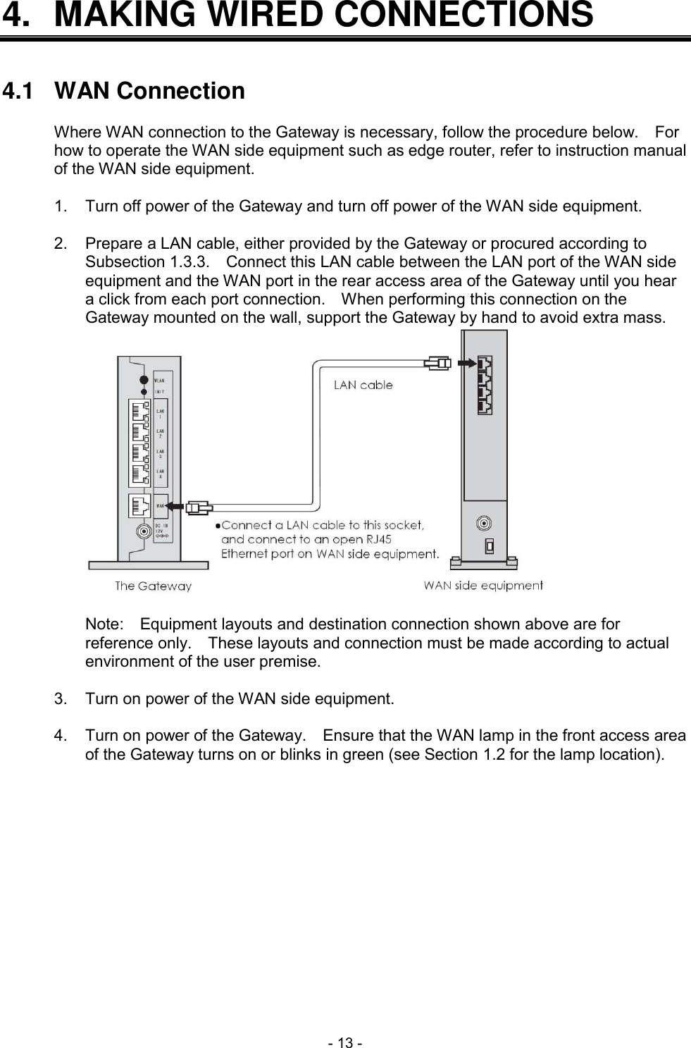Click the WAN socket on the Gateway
[139, 506]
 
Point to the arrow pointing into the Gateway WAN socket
[177, 507]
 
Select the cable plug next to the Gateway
[200, 507]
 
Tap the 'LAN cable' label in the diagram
[363, 385]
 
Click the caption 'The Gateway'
[153, 586]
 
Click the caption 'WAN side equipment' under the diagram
[483, 585]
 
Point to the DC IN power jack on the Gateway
[144, 532]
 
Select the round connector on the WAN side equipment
[484, 524]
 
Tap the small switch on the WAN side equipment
[489, 545]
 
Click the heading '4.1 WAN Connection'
[124, 92]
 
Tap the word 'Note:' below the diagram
[104, 624]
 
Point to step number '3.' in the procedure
[61, 699]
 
